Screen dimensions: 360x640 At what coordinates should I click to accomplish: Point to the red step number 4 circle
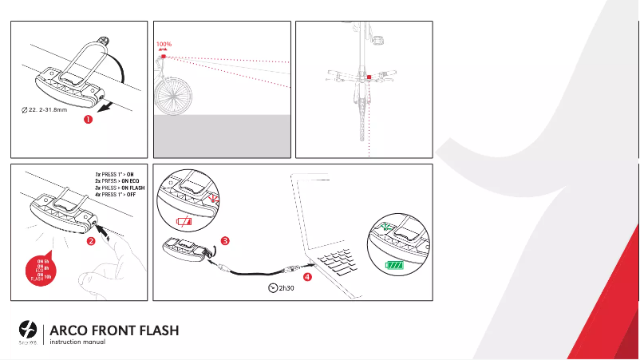point(307,275)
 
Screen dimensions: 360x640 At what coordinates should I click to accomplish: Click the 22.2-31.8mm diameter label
point(43,109)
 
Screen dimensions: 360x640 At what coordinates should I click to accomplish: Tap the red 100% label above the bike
point(164,45)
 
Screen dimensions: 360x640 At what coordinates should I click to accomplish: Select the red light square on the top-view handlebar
point(369,78)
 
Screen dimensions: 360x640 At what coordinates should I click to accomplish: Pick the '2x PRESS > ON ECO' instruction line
point(115,180)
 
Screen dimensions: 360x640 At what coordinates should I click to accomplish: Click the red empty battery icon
point(185,221)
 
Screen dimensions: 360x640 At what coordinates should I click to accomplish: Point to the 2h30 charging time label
point(281,288)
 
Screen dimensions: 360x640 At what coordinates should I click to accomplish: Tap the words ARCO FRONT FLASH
point(113,330)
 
